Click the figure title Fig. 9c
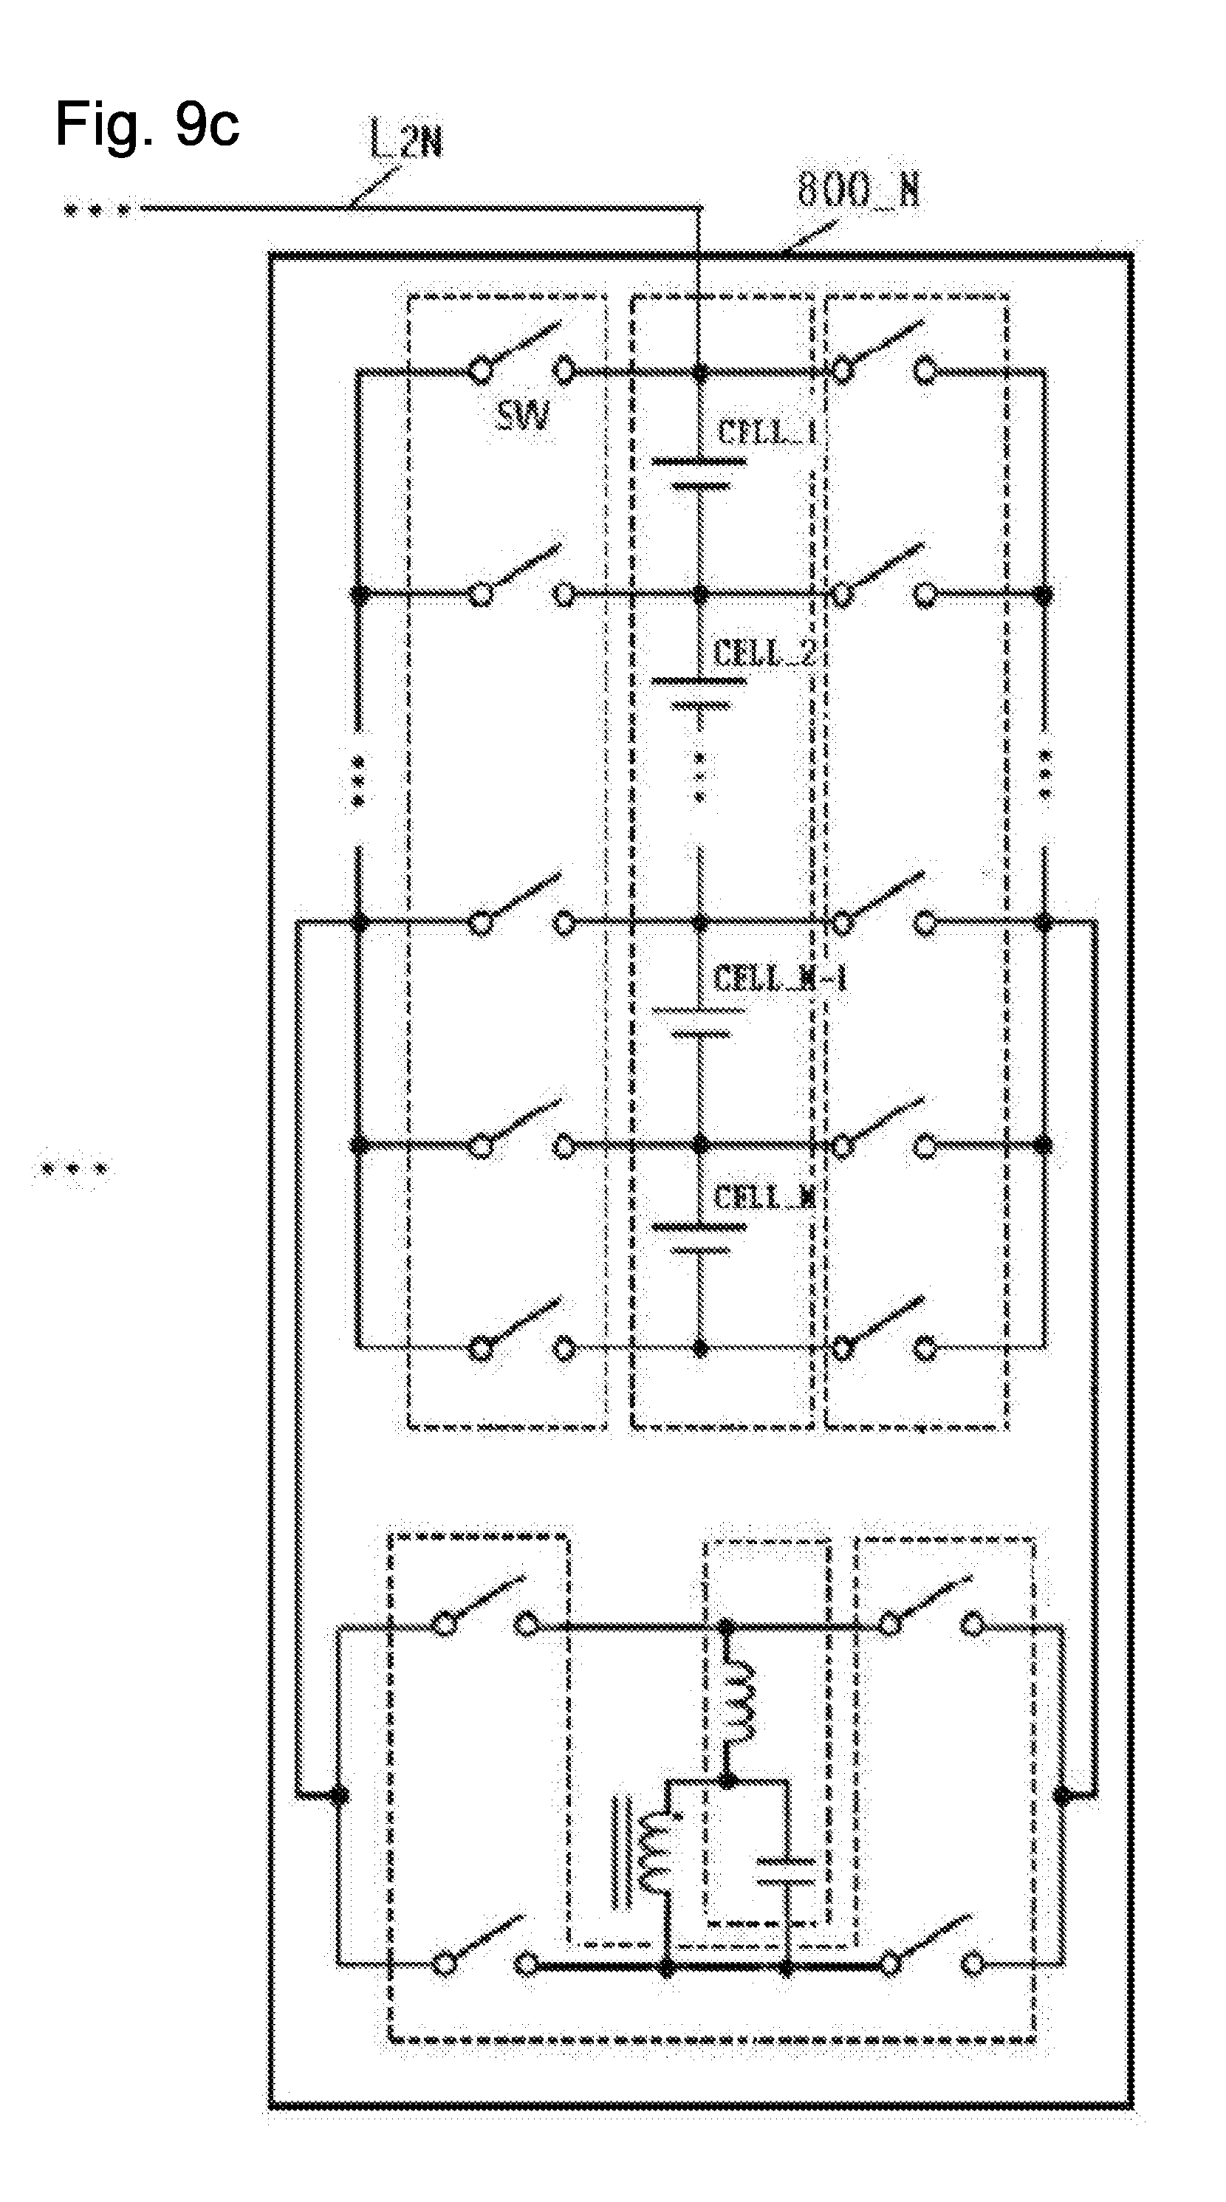coord(147,125)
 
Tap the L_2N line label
coord(406,140)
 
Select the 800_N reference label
coord(857,189)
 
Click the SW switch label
coord(522,416)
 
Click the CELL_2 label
coord(764,654)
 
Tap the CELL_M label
coord(764,1198)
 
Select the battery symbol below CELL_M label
coord(699,1238)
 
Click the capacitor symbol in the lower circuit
coord(786,1871)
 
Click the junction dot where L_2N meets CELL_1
coord(700,373)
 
